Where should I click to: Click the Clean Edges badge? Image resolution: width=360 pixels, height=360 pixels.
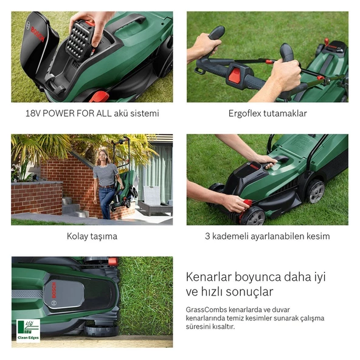click(28, 331)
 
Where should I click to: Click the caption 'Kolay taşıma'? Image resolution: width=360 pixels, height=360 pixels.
click(92, 236)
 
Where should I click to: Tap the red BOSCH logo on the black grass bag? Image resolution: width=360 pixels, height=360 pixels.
click(37, 34)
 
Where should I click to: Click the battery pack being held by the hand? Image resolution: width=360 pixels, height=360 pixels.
click(80, 40)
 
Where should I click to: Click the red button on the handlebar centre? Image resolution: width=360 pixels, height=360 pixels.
click(235, 75)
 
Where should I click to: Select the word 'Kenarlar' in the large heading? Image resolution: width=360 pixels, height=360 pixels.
click(209, 277)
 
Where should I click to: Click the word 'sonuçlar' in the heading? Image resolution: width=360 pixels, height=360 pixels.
click(249, 292)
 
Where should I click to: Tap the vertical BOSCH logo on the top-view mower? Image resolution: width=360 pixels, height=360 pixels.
click(54, 290)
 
